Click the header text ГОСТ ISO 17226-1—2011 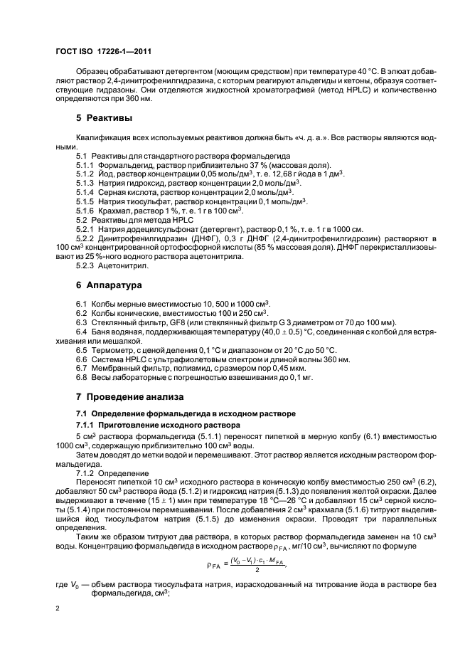(103, 52)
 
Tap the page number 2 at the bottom (58, 608)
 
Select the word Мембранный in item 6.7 (116, 369)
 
